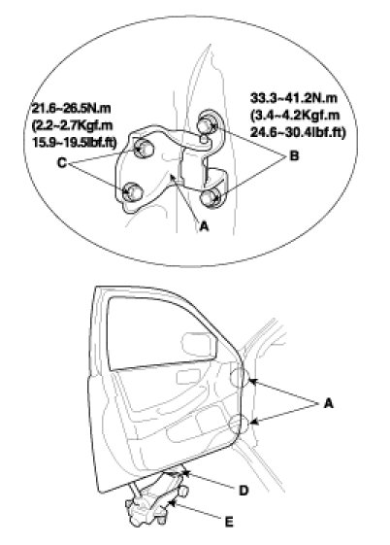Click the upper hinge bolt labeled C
[144, 148]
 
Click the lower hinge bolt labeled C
[133, 191]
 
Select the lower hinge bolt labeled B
[210, 198]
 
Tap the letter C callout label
[61, 162]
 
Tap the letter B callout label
[294, 155]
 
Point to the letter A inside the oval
[205, 226]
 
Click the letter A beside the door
[328, 403]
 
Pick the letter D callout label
[244, 491]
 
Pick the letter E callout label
[229, 522]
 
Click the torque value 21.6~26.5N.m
[71, 109]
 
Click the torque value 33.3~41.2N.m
[294, 98]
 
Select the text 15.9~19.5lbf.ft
[75, 143]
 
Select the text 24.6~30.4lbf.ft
[298, 133]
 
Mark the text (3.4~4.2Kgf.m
[295, 116]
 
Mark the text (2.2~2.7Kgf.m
[72, 125]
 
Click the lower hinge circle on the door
[230, 424]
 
